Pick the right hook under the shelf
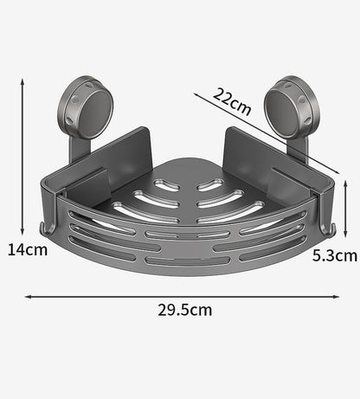(x=328, y=228)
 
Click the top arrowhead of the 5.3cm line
(x=346, y=180)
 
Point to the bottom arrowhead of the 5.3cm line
(x=346, y=235)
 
